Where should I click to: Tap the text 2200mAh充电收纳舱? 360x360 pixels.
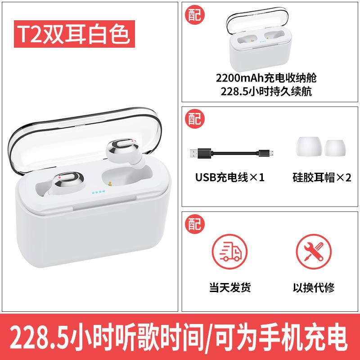click(266, 78)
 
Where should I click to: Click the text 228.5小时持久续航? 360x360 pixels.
click(266, 91)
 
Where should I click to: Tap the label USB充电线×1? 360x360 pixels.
click(229, 177)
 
